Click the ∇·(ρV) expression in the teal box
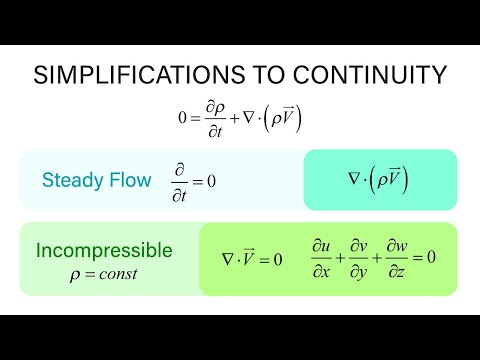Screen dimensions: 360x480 [379, 180]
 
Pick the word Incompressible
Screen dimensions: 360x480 [104, 250]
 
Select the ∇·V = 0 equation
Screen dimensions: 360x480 [251, 259]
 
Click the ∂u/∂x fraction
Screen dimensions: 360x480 [320, 259]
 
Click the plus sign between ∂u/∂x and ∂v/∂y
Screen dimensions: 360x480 [340, 259]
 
